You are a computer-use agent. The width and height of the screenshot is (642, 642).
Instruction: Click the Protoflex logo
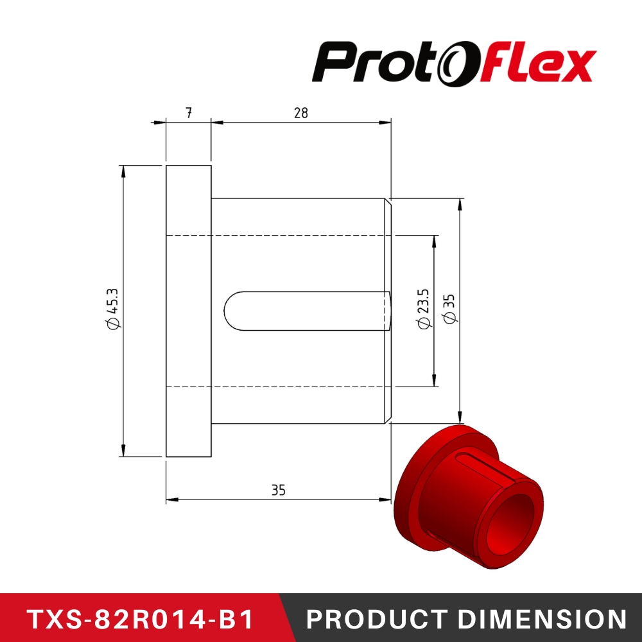click(454, 63)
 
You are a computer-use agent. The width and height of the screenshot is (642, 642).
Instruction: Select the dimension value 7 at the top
click(188, 113)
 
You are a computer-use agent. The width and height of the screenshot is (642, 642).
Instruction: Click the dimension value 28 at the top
click(300, 113)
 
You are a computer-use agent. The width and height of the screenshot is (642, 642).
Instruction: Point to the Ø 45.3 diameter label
click(113, 311)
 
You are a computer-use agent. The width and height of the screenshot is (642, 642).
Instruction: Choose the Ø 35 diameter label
click(449, 309)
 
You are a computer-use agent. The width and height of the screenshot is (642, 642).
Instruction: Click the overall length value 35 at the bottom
click(278, 490)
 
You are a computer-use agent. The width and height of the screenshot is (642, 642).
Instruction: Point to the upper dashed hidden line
click(282, 235)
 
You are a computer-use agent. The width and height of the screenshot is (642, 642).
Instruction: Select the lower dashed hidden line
click(282, 386)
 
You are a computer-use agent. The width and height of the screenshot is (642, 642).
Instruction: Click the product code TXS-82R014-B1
click(139, 619)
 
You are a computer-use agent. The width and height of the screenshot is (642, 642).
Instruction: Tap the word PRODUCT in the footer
click(376, 619)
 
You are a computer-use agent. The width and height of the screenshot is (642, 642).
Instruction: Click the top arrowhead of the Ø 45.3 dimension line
click(122, 169)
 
